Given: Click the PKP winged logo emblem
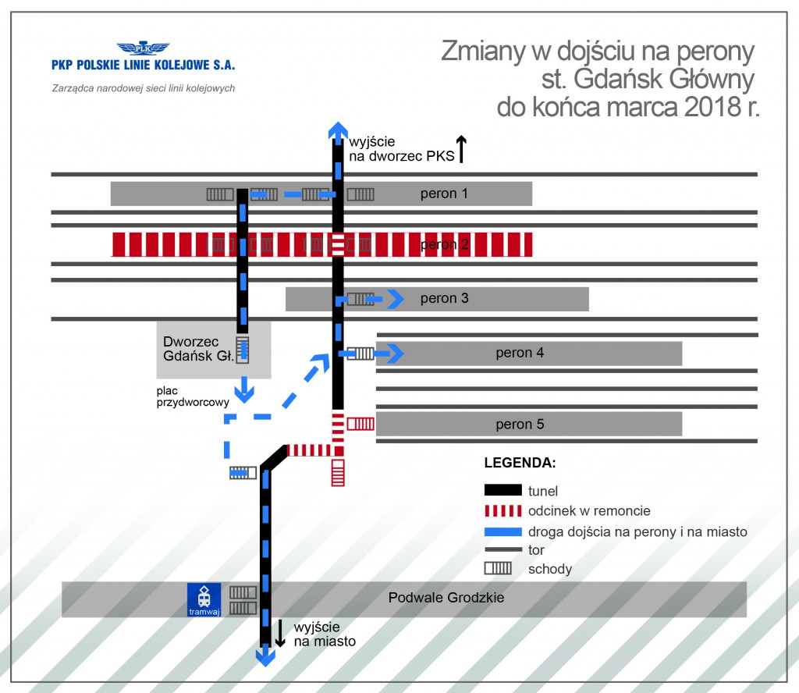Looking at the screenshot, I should coord(142,48).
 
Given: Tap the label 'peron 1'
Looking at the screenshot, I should coord(444,194).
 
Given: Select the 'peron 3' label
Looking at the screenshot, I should coord(444,298).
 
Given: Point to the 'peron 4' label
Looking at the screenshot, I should coord(520,353).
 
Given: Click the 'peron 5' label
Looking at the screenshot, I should coord(520,425).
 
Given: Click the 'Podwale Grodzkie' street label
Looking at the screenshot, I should coord(446,598).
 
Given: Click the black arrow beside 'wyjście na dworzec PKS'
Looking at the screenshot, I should coord(461,148).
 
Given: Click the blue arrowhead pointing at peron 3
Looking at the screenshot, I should coord(397,298).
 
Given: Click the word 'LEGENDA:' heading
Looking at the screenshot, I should coord(520,462).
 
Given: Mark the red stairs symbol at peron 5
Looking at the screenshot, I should coord(360,424).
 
